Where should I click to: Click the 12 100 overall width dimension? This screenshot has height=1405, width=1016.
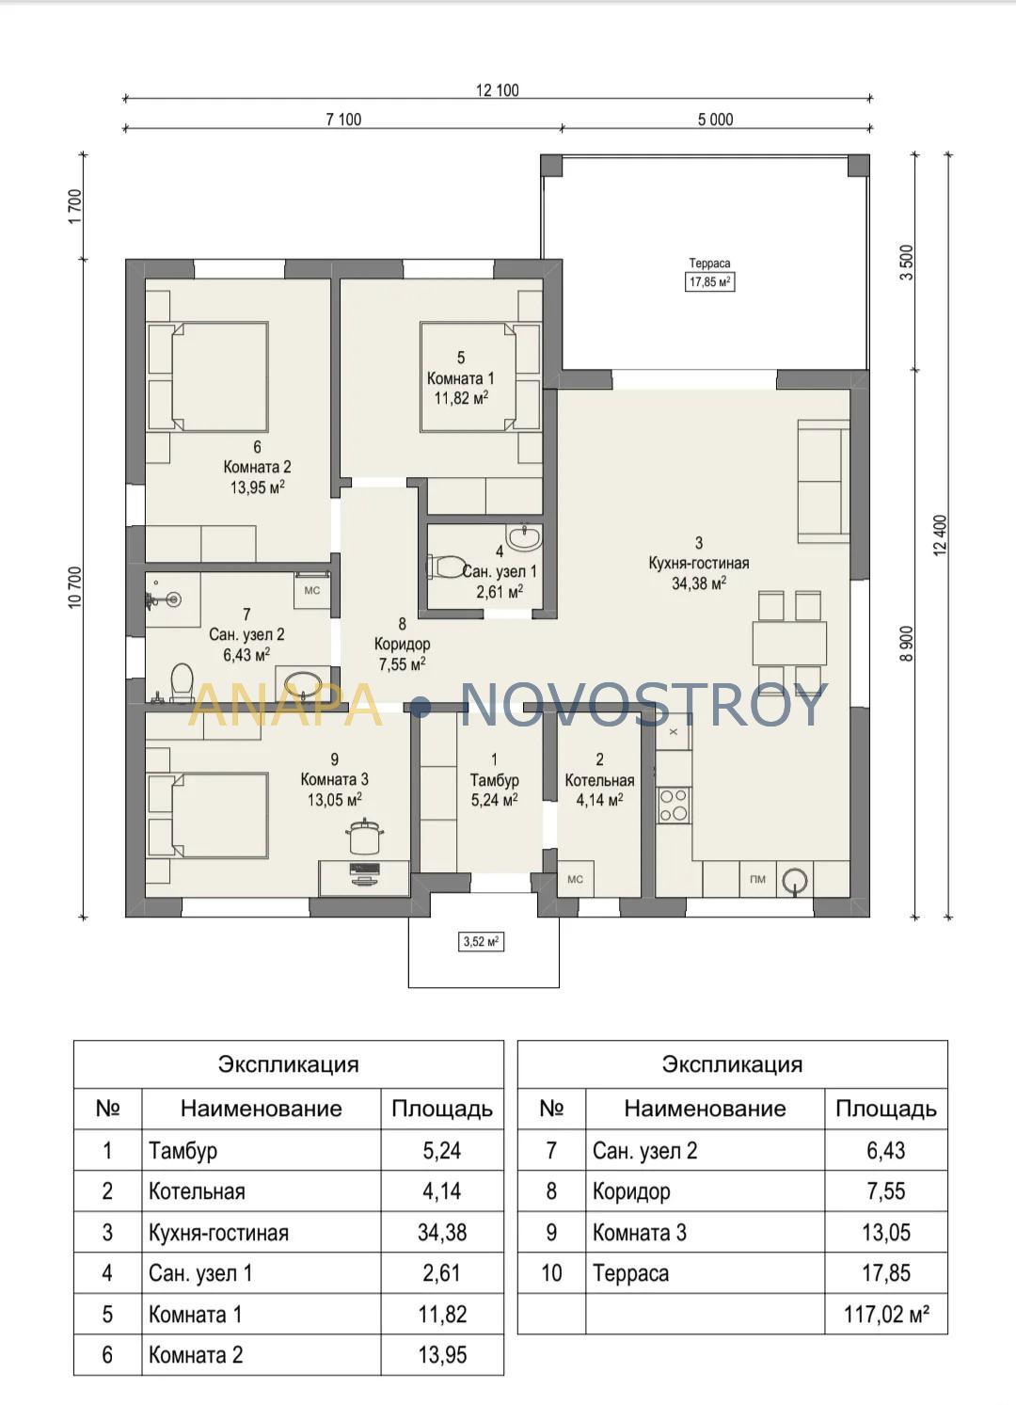click(x=498, y=90)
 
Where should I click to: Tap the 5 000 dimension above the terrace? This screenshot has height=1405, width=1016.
click(x=715, y=120)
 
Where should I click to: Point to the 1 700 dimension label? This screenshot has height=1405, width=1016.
click(x=75, y=206)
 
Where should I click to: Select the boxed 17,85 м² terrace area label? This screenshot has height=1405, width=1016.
click(x=709, y=281)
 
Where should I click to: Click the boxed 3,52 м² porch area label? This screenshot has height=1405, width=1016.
click(x=481, y=941)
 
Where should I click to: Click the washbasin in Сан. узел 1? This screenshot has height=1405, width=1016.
click(x=524, y=537)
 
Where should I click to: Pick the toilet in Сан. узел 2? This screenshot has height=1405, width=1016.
click(x=182, y=682)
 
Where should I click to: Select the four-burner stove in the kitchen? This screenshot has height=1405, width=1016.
click(x=674, y=806)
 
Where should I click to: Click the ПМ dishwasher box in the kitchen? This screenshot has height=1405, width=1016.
click(x=757, y=879)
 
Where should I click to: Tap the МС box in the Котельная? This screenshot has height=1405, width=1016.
click(x=575, y=879)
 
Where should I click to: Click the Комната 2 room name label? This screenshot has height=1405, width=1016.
click(x=257, y=468)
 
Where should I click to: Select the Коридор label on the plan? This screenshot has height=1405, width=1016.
click(x=402, y=645)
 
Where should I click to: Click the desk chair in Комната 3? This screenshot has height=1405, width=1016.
click(x=364, y=836)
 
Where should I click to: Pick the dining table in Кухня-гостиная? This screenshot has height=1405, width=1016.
click(x=789, y=643)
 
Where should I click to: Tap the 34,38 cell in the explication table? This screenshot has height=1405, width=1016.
click(x=442, y=1232)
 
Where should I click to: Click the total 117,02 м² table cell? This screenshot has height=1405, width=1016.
click(x=885, y=1314)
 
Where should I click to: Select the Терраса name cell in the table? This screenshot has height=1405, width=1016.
click(x=631, y=1273)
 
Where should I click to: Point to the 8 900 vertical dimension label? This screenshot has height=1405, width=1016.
click(x=906, y=644)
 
